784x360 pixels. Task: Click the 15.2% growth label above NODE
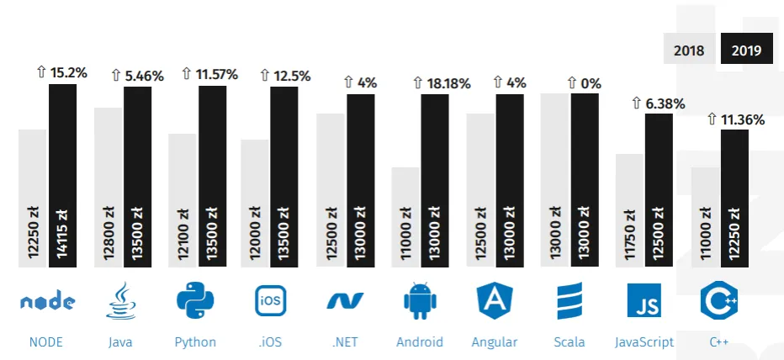pyautogui.click(x=61, y=72)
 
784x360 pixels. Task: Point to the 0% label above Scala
pyautogui.click(x=584, y=82)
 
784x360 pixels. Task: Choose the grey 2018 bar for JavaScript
pyautogui.click(x=629, y=210)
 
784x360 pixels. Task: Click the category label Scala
pyautogui.click(x=569, y=342)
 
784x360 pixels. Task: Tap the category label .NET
pyautogui.click(x=344, y=342)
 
